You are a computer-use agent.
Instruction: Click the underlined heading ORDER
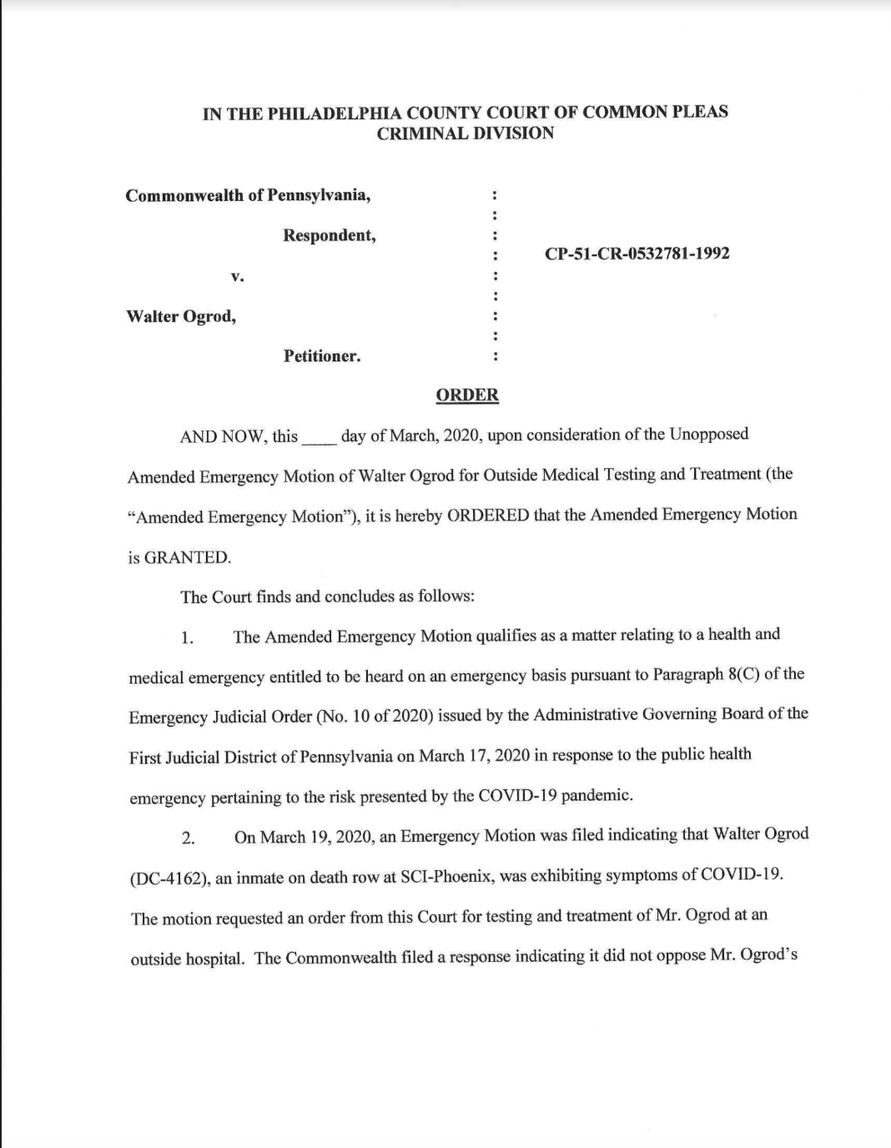pyautogui.click(x=467, y=395)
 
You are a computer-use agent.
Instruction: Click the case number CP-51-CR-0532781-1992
pyautogui.click(x=637, y=254)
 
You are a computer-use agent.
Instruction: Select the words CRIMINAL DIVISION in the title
pyautogui.click(x=465, y=133)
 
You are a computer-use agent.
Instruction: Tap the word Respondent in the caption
pyautogui.click(x=329, y=236)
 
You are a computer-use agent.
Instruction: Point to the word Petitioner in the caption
pyautogui.click(x=321, y=357)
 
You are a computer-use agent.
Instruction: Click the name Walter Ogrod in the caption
pyautogui.click(x=180, y=317)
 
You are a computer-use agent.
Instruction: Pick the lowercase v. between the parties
pyautogui.click(x=238, y=276)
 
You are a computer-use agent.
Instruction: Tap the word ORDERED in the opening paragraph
pyautogui.click(x=488, y=515)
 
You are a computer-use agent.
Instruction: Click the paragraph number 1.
pyautogui.click(x=188, y=638)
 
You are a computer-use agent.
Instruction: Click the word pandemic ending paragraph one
pyautogui.click(x=597, y=795)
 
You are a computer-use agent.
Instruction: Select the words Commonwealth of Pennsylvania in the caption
pyautogui.click(x=248, y=196)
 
